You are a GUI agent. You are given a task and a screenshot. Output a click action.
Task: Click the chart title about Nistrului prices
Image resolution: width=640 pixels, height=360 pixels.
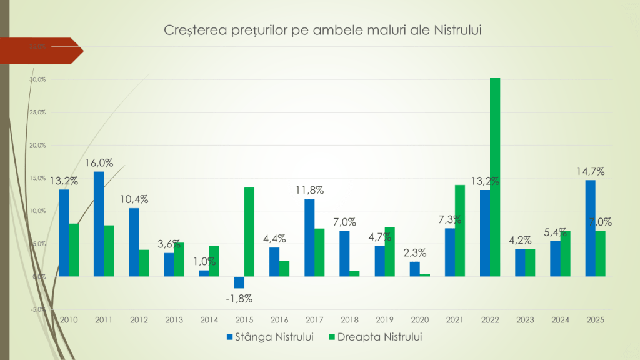pos(325,30)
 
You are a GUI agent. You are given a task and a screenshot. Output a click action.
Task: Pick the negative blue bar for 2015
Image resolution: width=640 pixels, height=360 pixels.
pos(239,282)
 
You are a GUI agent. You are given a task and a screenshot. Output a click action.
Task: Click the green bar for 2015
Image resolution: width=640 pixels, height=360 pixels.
pos(249,232)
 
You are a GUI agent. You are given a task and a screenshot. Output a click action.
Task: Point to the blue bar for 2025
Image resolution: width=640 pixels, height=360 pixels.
pos(591,228)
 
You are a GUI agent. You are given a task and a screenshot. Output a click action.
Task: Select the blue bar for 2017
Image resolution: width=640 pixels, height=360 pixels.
pos(309,237)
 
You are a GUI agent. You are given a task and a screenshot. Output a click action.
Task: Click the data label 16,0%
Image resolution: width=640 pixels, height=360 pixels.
pos(99,164)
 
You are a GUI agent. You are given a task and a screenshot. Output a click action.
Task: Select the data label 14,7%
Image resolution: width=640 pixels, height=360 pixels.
pos(591,172)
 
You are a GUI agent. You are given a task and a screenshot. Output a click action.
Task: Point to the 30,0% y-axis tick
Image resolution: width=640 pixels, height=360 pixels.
pos(38,79)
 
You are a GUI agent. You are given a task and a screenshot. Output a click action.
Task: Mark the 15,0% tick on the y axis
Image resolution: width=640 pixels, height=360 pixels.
pos(38,178)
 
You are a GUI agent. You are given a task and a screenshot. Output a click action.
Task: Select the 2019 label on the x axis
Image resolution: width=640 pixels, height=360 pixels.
pos(384,320)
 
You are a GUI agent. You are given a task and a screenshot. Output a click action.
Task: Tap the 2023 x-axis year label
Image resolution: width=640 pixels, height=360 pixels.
pos(525,320)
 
